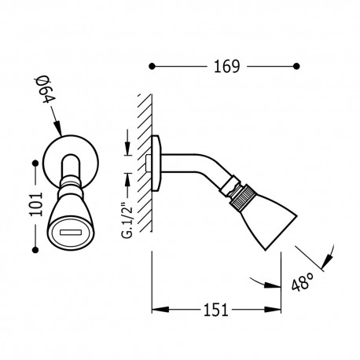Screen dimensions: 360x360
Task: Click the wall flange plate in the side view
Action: coord(157,163)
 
